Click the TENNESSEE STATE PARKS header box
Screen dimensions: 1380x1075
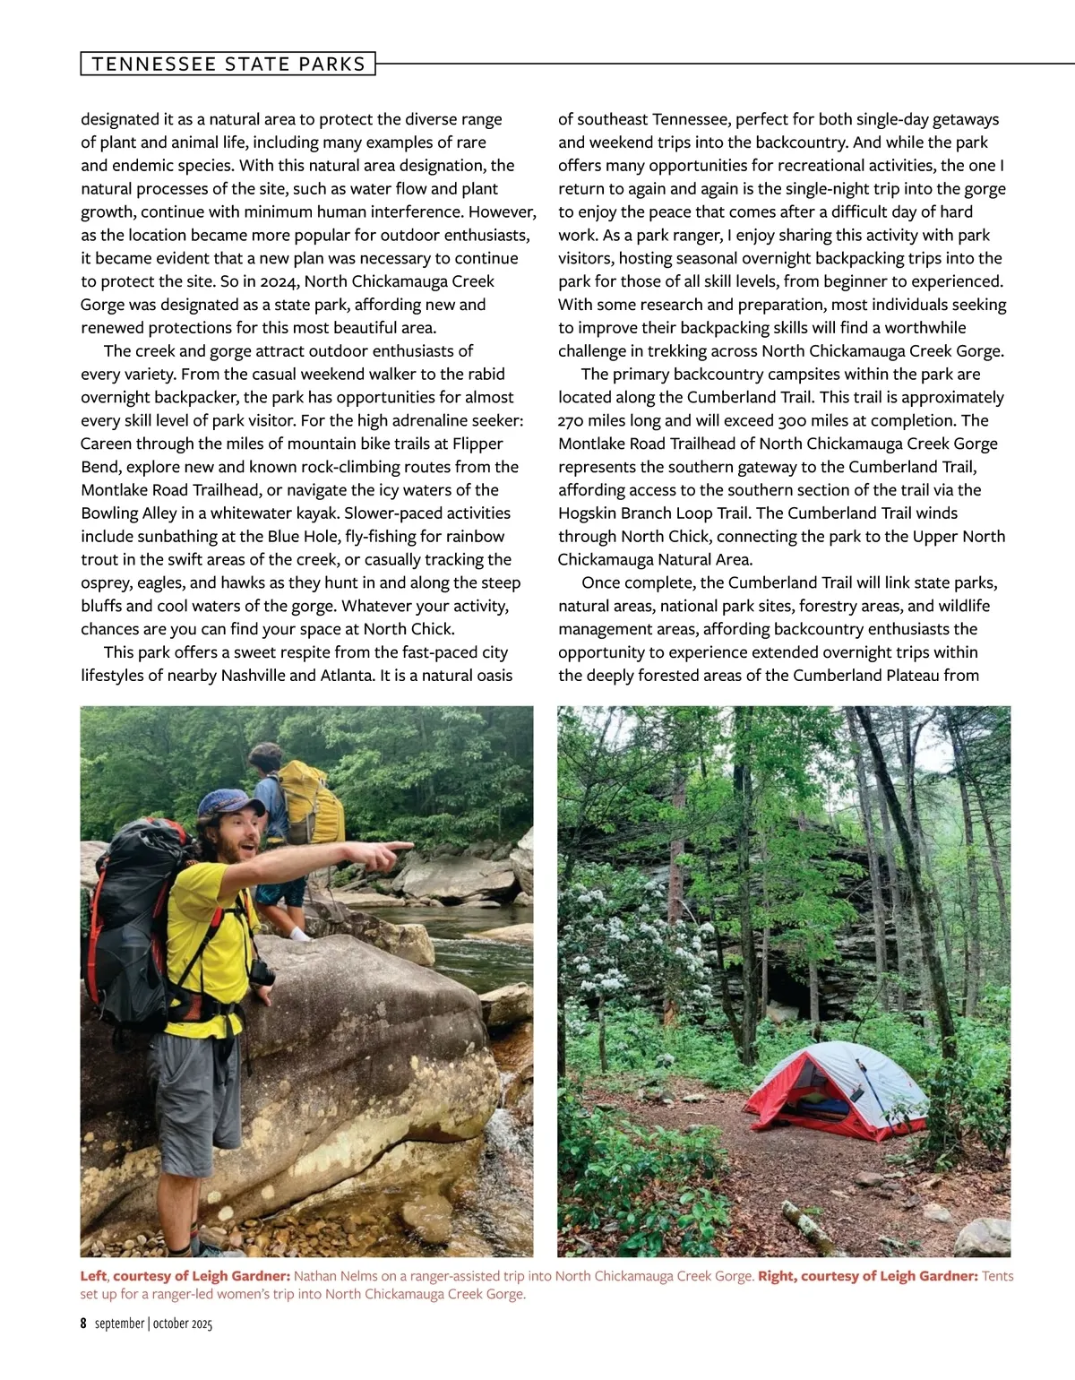point(228,64)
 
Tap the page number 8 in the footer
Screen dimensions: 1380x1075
point(83,1324)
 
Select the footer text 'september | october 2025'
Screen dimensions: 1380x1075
point(154,1324)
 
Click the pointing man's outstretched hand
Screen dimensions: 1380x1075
point(391,854)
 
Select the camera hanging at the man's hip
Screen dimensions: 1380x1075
point(262,973)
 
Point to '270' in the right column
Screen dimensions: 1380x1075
point(572,420)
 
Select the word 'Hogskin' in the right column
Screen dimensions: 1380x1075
point(589,513)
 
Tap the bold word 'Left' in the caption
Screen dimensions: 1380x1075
point(93,1276)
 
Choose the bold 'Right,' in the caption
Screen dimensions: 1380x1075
point(778,1276)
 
